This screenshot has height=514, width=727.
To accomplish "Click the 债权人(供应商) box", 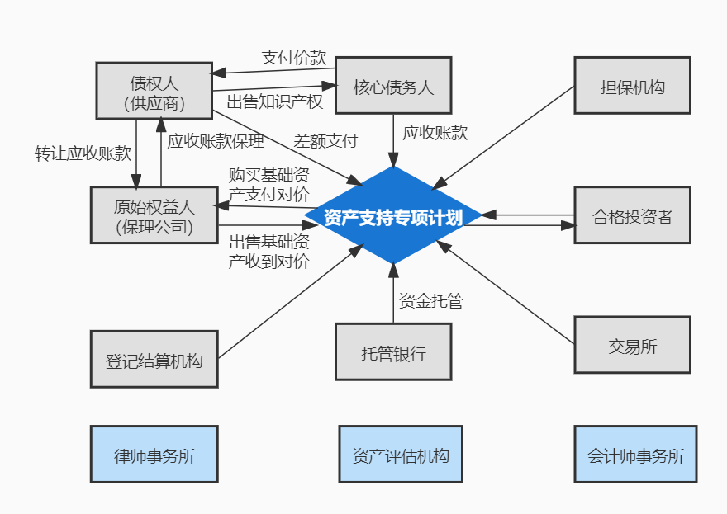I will (154, 91).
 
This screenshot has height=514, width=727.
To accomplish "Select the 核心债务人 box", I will (393, 85).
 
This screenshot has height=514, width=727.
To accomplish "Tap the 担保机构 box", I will (632, 85).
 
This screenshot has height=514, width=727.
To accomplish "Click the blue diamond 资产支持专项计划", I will (393, 216).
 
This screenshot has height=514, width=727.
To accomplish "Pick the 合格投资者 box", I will (632, 215).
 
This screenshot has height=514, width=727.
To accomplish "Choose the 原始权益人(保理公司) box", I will (154, 215).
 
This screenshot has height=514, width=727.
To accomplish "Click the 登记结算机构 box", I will (154, 359).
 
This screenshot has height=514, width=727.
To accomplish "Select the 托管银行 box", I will (393, 351).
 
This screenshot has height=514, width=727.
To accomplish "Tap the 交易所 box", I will (632, 345).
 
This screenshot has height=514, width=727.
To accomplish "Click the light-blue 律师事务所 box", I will (154, 454).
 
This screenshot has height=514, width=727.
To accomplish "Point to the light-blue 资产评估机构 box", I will (401, 454).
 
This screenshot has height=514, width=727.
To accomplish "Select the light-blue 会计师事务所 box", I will (635, 454).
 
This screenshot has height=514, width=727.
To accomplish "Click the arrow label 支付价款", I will (293, 58).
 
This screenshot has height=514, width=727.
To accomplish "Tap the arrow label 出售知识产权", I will (275, 101).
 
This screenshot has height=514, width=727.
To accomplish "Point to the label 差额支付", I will (325, 140).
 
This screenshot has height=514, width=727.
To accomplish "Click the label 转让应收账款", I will (83, 153).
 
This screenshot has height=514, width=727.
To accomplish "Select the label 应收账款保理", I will (216, 141).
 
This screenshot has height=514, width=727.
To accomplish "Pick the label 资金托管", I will (430, 301).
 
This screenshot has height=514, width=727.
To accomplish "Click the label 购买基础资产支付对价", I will (269, 184).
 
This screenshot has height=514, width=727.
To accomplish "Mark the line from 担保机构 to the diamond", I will (504, 137).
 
